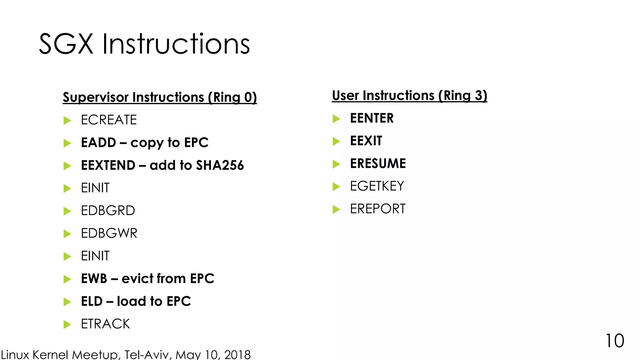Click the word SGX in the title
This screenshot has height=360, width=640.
pyautogui.click(x=66, y=44)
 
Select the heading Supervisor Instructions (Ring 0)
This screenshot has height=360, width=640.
pyautogui.click(x=160, y=97)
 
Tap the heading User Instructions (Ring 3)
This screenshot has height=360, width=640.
pyautogui.click(x=409, y=96)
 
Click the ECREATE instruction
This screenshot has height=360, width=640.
pyautogui.click(x=109, y=120)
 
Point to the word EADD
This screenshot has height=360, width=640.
pyautogui.click(x=98, y=143)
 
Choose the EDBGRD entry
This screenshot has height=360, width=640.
pyautogui.click(x=108, y=211)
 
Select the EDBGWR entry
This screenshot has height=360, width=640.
pyautogui.click(x=109, y=233)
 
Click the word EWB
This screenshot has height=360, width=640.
pyautogui.click(x=94, y=279)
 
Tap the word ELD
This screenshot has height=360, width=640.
pyautogui.click(x=92, y=302)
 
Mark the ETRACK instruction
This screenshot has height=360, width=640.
pyautogui.click(x=105, y=324)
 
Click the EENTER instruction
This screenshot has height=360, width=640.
pyautogui.click(x=372, y=118)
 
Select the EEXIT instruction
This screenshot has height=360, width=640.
pyautogui.click(x=366, y=141)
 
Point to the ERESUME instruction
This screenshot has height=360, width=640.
pyautogui.click(x=378, y=164)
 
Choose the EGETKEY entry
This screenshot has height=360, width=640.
pyautogui.click(x=377, y=186)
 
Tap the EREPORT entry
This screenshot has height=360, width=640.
pyautogui.click(x=377, y=209)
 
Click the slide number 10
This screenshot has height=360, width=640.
pyautogui.click(x=615, y=341)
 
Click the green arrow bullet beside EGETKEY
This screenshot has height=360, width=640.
pyautogui.click(x=336, y=187)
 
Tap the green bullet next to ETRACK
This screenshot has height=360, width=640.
pyautogui.click(x=67, y=324)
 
